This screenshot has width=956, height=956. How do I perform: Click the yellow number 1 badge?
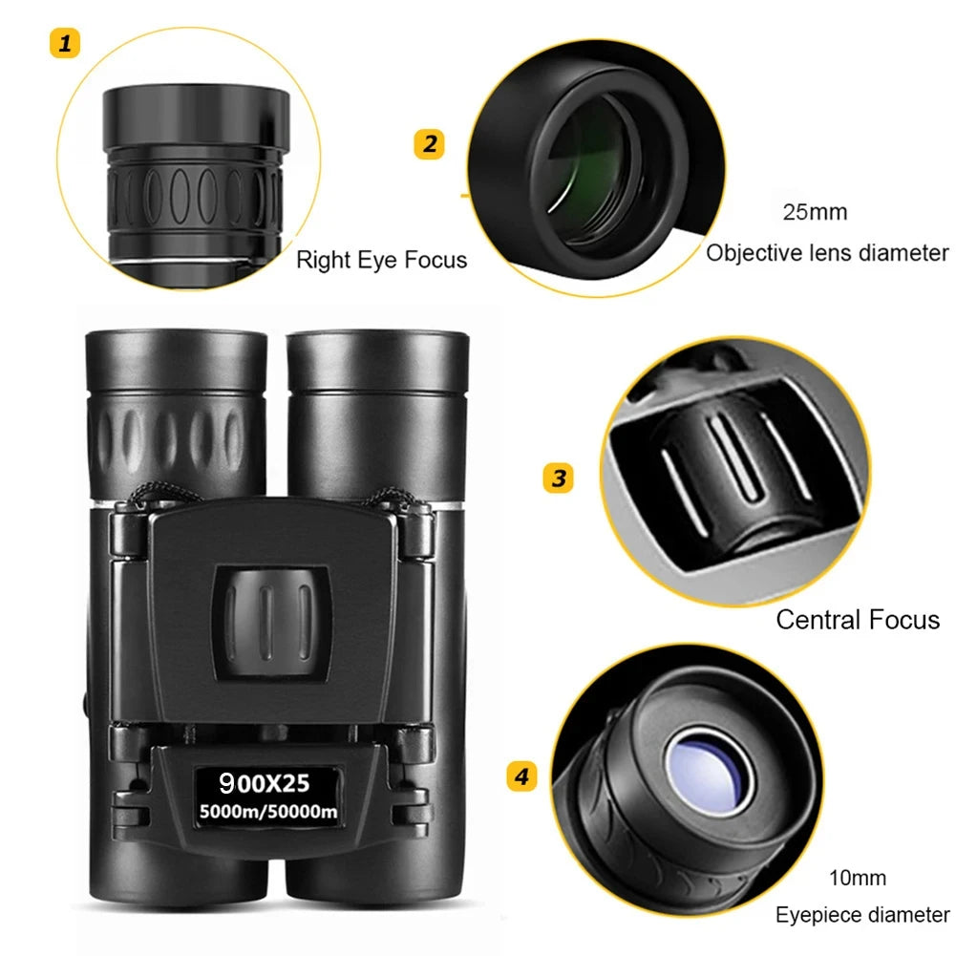[64, 44]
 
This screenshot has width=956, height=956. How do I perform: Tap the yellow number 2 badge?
[430, 144]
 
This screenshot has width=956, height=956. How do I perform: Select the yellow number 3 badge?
[559, 477]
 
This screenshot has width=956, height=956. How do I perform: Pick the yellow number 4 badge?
[520, 776]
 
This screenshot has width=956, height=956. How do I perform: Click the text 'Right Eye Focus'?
[381, 260]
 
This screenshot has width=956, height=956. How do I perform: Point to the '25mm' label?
[815, 212]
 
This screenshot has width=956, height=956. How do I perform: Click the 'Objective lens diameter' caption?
[827, 253]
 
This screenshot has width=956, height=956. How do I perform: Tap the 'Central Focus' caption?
[857, 620]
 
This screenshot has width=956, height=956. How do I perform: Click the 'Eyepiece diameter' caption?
[861, 915]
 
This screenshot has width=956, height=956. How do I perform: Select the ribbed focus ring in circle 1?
[196, 196]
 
